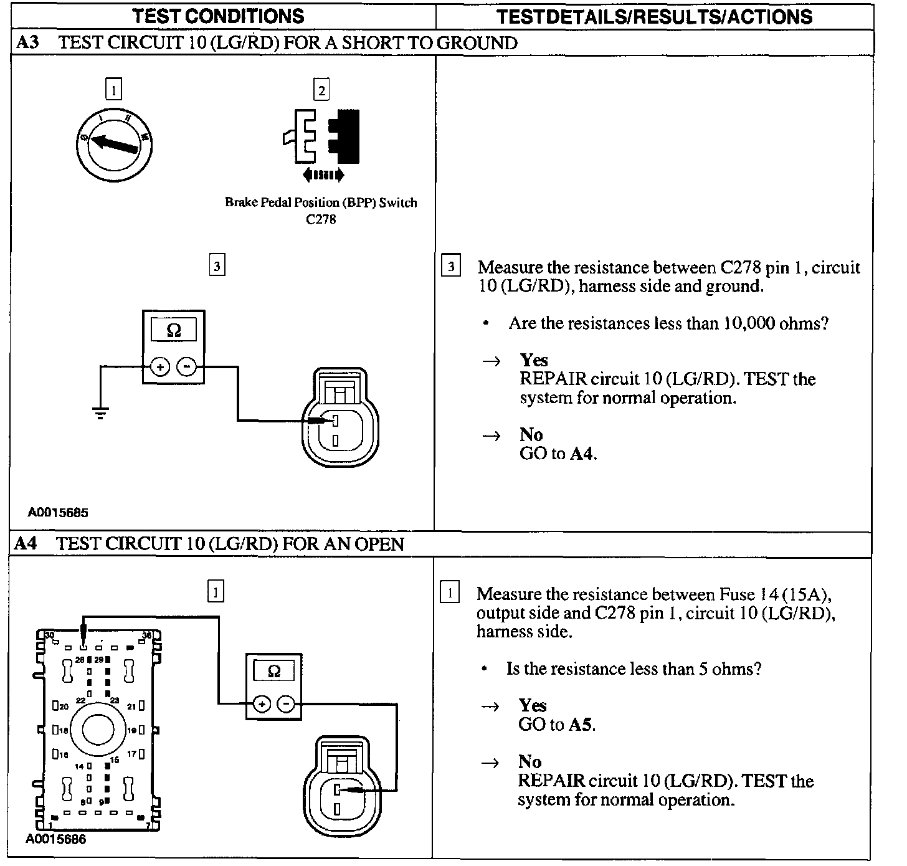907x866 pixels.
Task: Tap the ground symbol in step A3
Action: point(100,412)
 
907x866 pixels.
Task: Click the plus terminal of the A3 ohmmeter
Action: point(160,367)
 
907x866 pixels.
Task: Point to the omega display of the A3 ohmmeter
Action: point(174,330)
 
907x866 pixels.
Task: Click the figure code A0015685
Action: point(58,513)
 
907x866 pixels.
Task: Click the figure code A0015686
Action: point(56,839)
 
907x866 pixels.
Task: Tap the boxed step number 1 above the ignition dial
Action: point(113,90)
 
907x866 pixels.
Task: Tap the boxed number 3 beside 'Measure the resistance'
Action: point(450,267)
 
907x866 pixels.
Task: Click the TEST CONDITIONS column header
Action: point(219,16)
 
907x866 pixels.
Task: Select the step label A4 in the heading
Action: point(27,544)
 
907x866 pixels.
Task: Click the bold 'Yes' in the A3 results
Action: point(534,360)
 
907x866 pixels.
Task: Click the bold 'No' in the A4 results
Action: point(530,761)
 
